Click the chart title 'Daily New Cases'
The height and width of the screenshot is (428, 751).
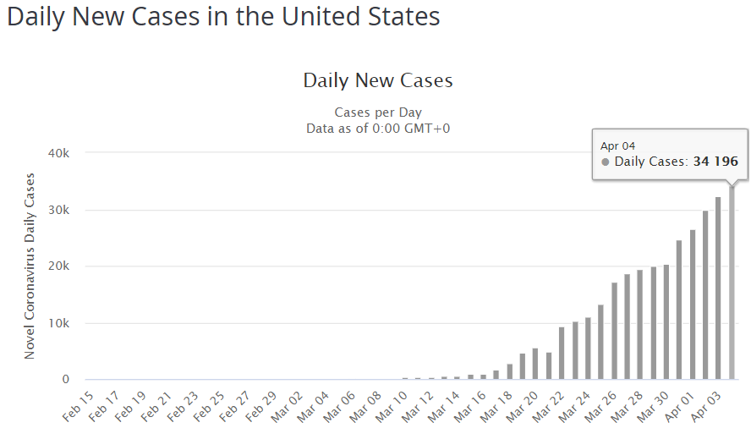coord(378,81)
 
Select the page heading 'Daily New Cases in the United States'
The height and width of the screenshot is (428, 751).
coord(223,18)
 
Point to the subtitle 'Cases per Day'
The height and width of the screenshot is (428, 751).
coord(378,112)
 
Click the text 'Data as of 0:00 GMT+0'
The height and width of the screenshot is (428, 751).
coord(378,128)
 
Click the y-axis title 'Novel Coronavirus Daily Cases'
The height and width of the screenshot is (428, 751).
coord(30,266)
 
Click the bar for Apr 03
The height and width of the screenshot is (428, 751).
coord(718,288)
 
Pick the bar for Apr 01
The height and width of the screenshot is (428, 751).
coord(692,305)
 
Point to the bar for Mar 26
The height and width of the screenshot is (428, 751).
coord(614,331)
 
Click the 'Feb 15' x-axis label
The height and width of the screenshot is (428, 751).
coord(79,404)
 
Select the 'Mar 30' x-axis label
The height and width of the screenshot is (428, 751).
coord(657,404)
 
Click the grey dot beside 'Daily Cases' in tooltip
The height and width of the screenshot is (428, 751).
coord(606,162)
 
